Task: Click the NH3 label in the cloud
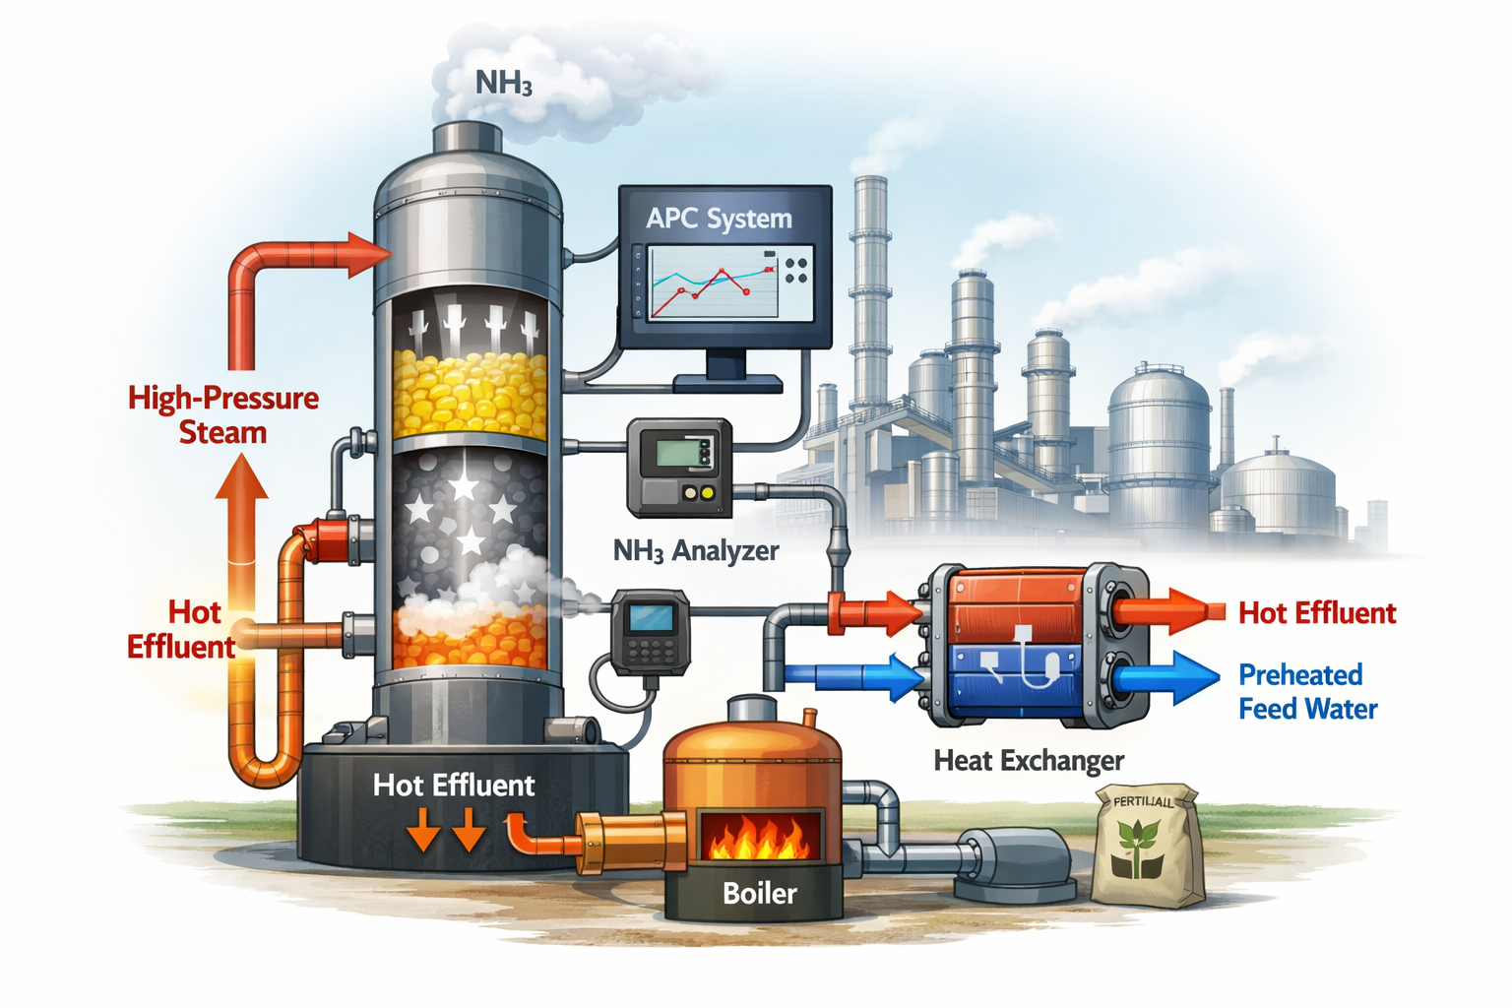[504, 83]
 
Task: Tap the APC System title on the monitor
[719, 218]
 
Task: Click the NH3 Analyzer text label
[695, 550]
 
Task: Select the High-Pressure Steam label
[223, 414]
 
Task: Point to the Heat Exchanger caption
[1029, 760]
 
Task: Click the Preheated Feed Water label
[1306, 691]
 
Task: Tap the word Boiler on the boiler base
[759, 893]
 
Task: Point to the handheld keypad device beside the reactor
[650, 632]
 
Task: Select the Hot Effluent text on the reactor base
[454, 785]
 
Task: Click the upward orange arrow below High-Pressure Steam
[242, 522]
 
